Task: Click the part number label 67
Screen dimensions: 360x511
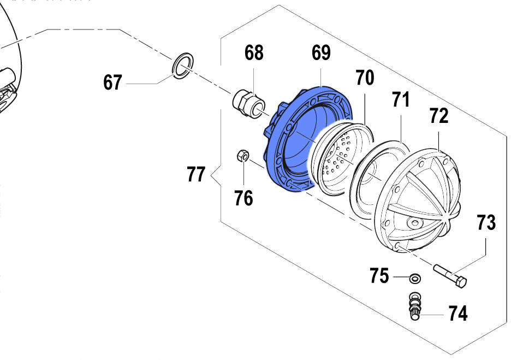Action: click(x=113, y=83)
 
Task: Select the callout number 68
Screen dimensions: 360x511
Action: click(x=254, y=53)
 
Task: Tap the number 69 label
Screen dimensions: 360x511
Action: click(x=321, y=53)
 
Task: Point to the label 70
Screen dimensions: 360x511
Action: click(x=365, y=78)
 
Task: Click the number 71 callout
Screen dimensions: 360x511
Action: click(x=401, y=100)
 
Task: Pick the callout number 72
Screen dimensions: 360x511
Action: click(x=438, y=116)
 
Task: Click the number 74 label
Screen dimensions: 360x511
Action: click(x=458, y=314)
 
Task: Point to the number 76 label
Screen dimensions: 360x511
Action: click(x=243, y=198)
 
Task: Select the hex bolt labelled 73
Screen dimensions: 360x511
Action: click(x=451, y=275)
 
